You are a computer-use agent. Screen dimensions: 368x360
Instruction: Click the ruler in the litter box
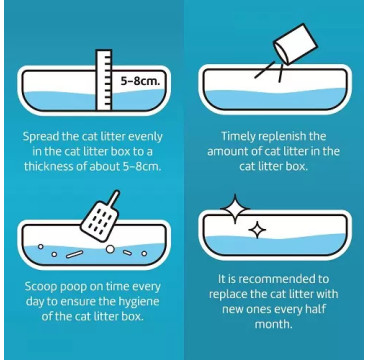(x=104, y=80)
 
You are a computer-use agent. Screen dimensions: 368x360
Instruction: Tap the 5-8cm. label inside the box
(x=140, y=82)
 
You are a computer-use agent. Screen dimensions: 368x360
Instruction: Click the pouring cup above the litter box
(x=295, y=44)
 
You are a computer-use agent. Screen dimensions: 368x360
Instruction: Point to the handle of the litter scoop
(x=114, y=198)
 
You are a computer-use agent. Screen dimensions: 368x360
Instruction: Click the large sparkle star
(x=235, y=209)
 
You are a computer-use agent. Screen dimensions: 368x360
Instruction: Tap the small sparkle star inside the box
(x=257, y=230)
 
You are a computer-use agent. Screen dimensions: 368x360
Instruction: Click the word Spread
(x=42, y=137)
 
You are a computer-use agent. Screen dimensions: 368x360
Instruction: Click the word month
(x=273, y=324)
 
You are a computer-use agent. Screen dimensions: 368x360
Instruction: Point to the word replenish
(x=289, y=137)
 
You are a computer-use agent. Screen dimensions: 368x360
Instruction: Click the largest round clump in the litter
(x=110, y=249)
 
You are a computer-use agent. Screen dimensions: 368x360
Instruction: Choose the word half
(x=311, y=309)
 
